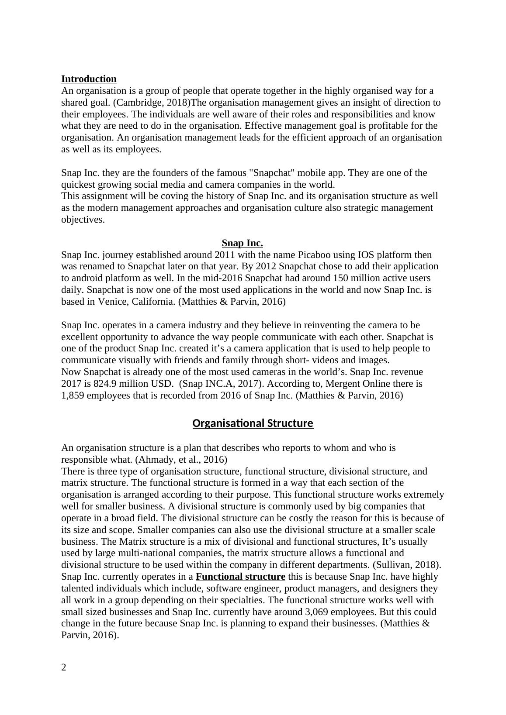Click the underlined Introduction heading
(89, 79)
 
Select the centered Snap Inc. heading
(242, 243)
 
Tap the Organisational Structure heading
(253, 423)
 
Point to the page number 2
(64, 667)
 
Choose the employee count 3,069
(320, 612)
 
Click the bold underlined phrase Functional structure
(240, 577)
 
